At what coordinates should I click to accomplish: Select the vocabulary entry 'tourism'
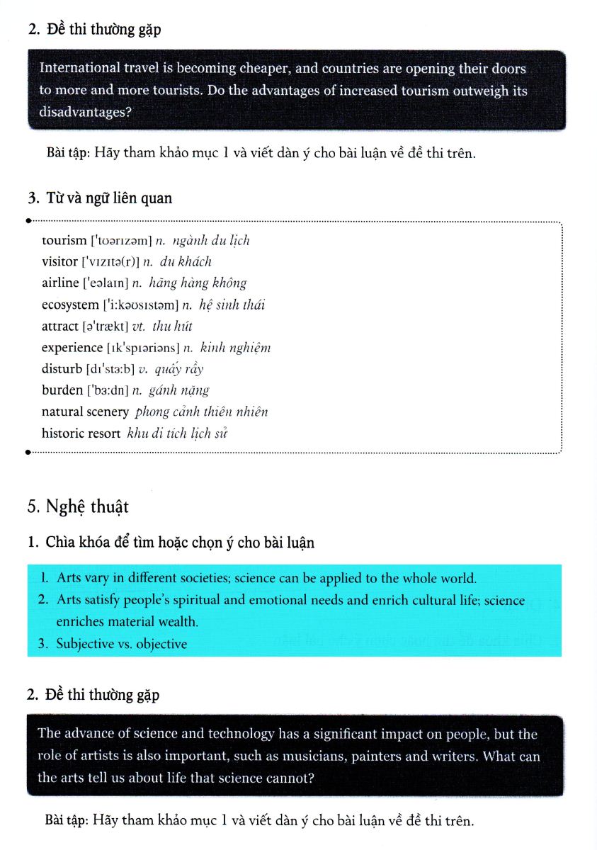click(x=64, y=241)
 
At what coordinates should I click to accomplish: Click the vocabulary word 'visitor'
click(x=59, y=262)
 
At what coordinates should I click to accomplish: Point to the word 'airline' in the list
click(x=60, y=283)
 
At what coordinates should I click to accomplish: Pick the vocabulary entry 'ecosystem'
click(x=70, y=305)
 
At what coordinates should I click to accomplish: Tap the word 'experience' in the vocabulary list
click(x=72, y=348)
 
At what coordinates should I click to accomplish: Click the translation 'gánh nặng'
click(x=179, y=390)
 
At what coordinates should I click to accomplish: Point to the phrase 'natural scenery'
click(x=85, y=412)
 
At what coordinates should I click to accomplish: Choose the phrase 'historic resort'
click(x=81, y=433)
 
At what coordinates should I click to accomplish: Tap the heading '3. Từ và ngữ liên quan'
click(x=99, y=198)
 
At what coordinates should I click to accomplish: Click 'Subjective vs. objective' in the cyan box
click(x=122, y=644)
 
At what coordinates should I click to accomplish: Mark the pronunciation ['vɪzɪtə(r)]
click(x=110, y=262)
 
